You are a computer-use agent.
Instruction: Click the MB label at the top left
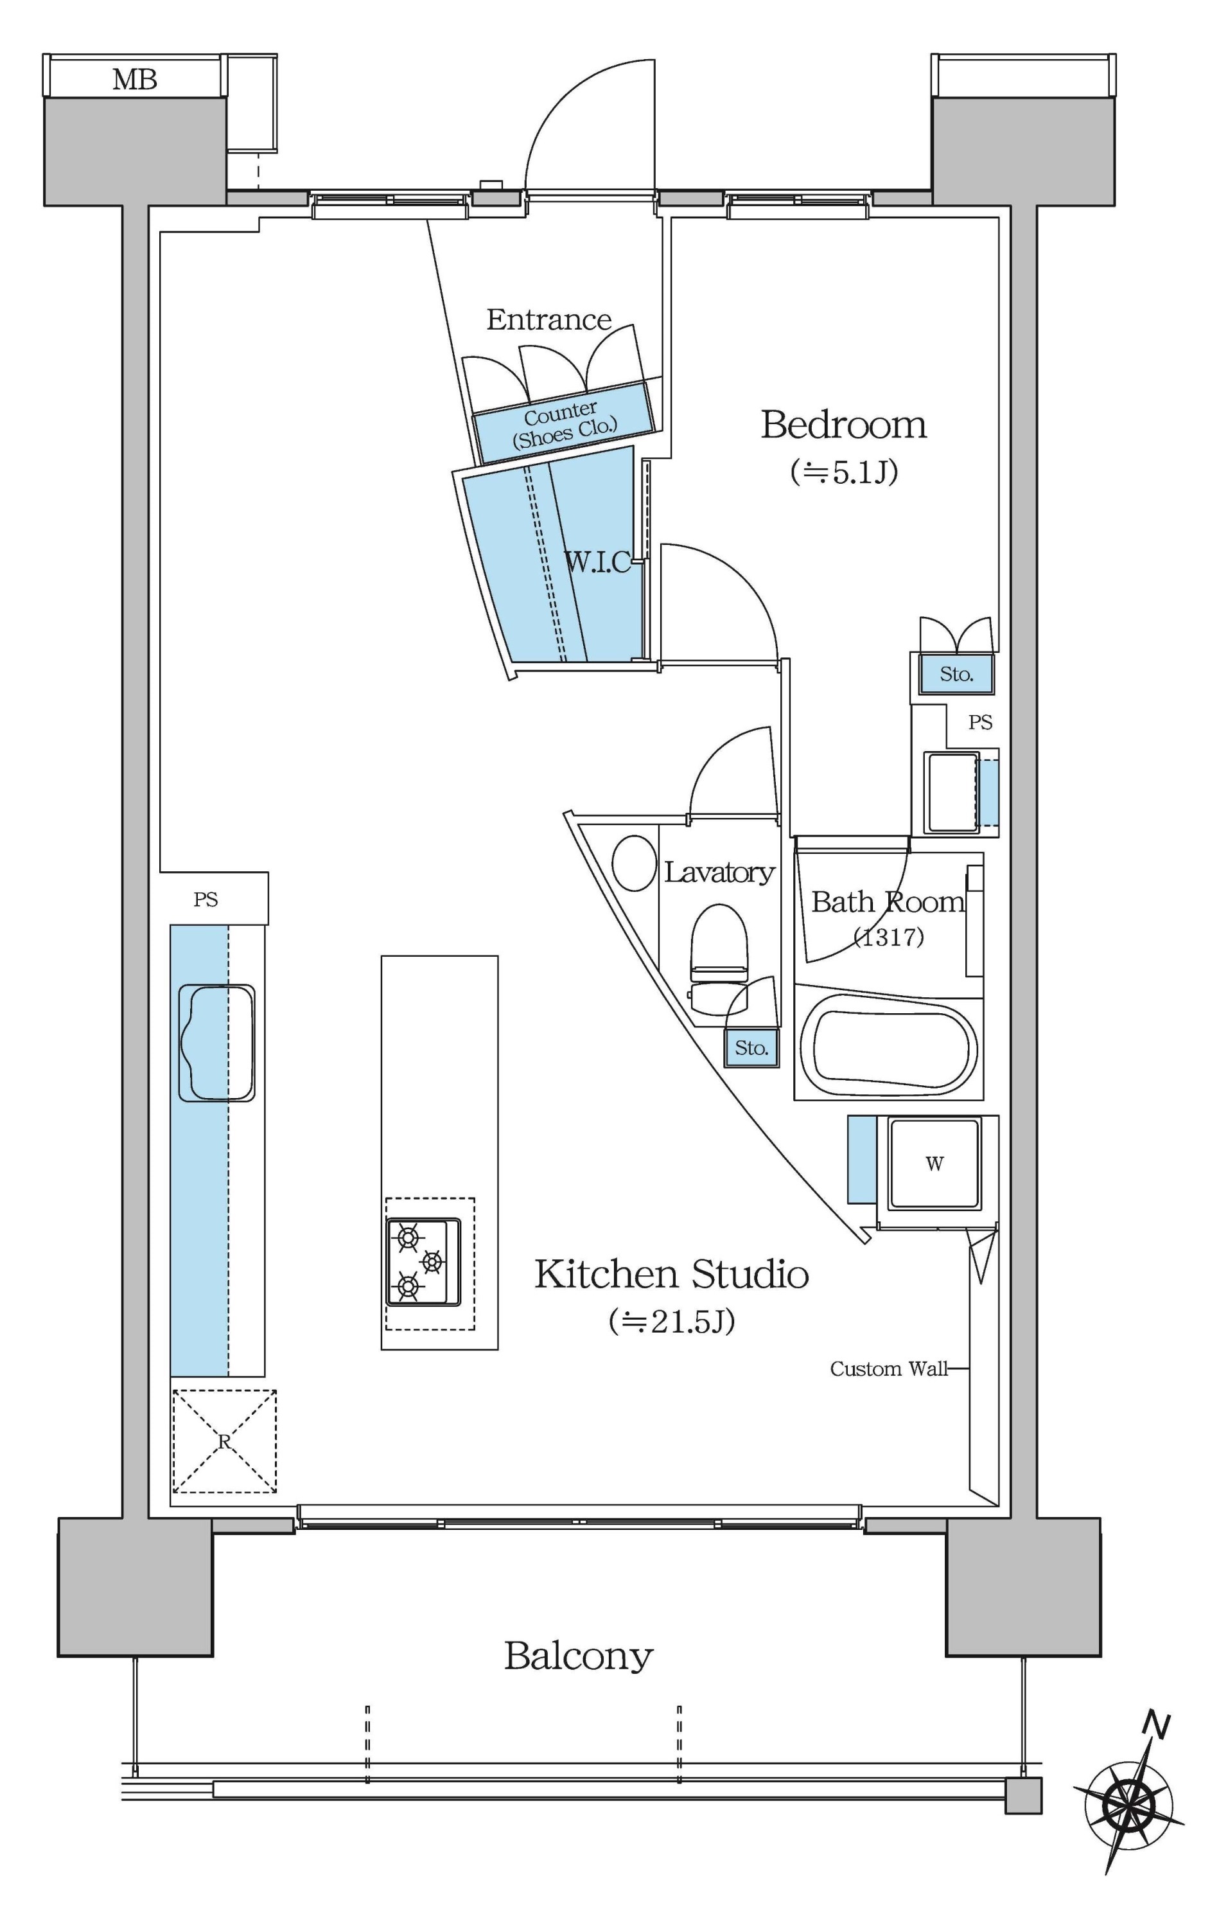point(135,80)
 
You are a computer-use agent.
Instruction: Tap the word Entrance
point(548,320)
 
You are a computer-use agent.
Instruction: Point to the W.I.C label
point(597,562)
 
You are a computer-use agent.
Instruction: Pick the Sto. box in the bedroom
point(956,675)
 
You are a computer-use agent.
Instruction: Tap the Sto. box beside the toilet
point(751,1047)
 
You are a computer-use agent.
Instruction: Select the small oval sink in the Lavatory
point(635,862)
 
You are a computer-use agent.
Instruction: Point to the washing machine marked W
point(934,1164)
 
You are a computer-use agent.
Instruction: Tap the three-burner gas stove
point(423,1262)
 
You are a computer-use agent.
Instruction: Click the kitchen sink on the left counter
point(216,1043)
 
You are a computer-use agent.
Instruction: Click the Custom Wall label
point(889,1369)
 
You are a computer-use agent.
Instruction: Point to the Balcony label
point(578,1656)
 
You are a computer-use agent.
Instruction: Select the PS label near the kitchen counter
point(206,900)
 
